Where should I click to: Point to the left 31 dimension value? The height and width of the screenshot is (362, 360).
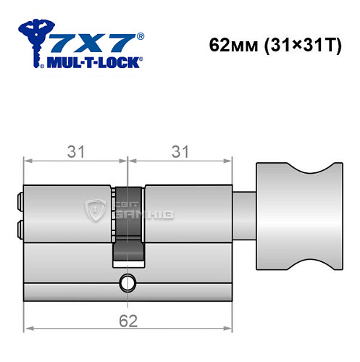point(76,151)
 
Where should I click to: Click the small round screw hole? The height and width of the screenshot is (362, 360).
point(127,281)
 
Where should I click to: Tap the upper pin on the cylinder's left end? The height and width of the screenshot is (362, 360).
point(19,196)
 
